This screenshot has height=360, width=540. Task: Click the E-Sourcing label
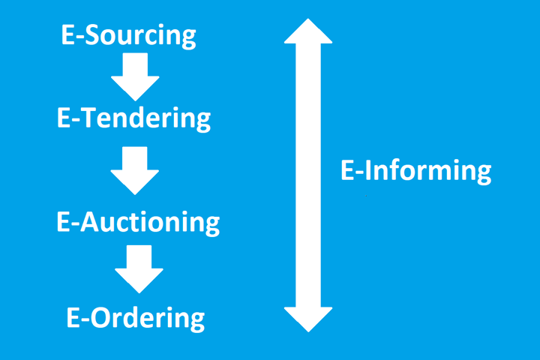(x=128, y=35)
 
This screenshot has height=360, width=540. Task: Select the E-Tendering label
(x=133, y=118)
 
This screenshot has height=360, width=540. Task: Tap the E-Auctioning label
(x=138, y=221)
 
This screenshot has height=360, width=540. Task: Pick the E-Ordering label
(x=135, y=317)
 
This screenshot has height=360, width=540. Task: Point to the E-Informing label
(x=415, y=171)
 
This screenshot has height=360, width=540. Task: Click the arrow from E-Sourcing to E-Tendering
(x=135, y=77)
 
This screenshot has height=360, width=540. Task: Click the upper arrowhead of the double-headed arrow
(x=308, y=31)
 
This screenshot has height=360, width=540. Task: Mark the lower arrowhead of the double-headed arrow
(x=308, y=317)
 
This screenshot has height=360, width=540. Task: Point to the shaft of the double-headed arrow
(x=308, y=172)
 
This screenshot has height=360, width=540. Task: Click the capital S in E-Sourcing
(x=94, y=35)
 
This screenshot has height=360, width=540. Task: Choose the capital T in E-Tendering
(x=89, y=118)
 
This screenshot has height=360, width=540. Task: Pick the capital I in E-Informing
(x=370, y=171)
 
